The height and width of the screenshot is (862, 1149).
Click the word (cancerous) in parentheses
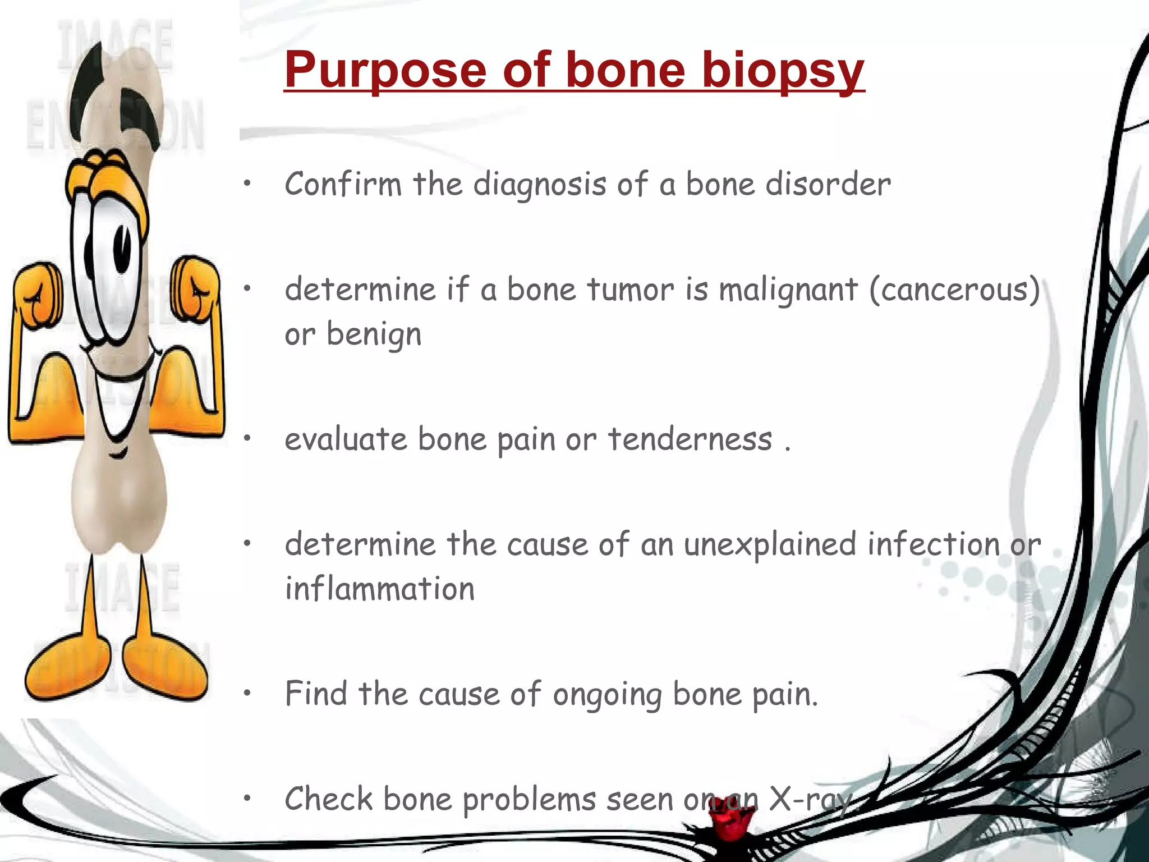coord(954,291)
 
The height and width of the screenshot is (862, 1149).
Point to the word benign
coord(374,335)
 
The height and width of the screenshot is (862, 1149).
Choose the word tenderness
coord(690,439)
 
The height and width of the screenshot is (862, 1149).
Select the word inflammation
coord(380,589)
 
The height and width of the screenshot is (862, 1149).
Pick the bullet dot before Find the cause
coord(247,694)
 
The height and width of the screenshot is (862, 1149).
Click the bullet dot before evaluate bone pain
coord(247,438)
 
